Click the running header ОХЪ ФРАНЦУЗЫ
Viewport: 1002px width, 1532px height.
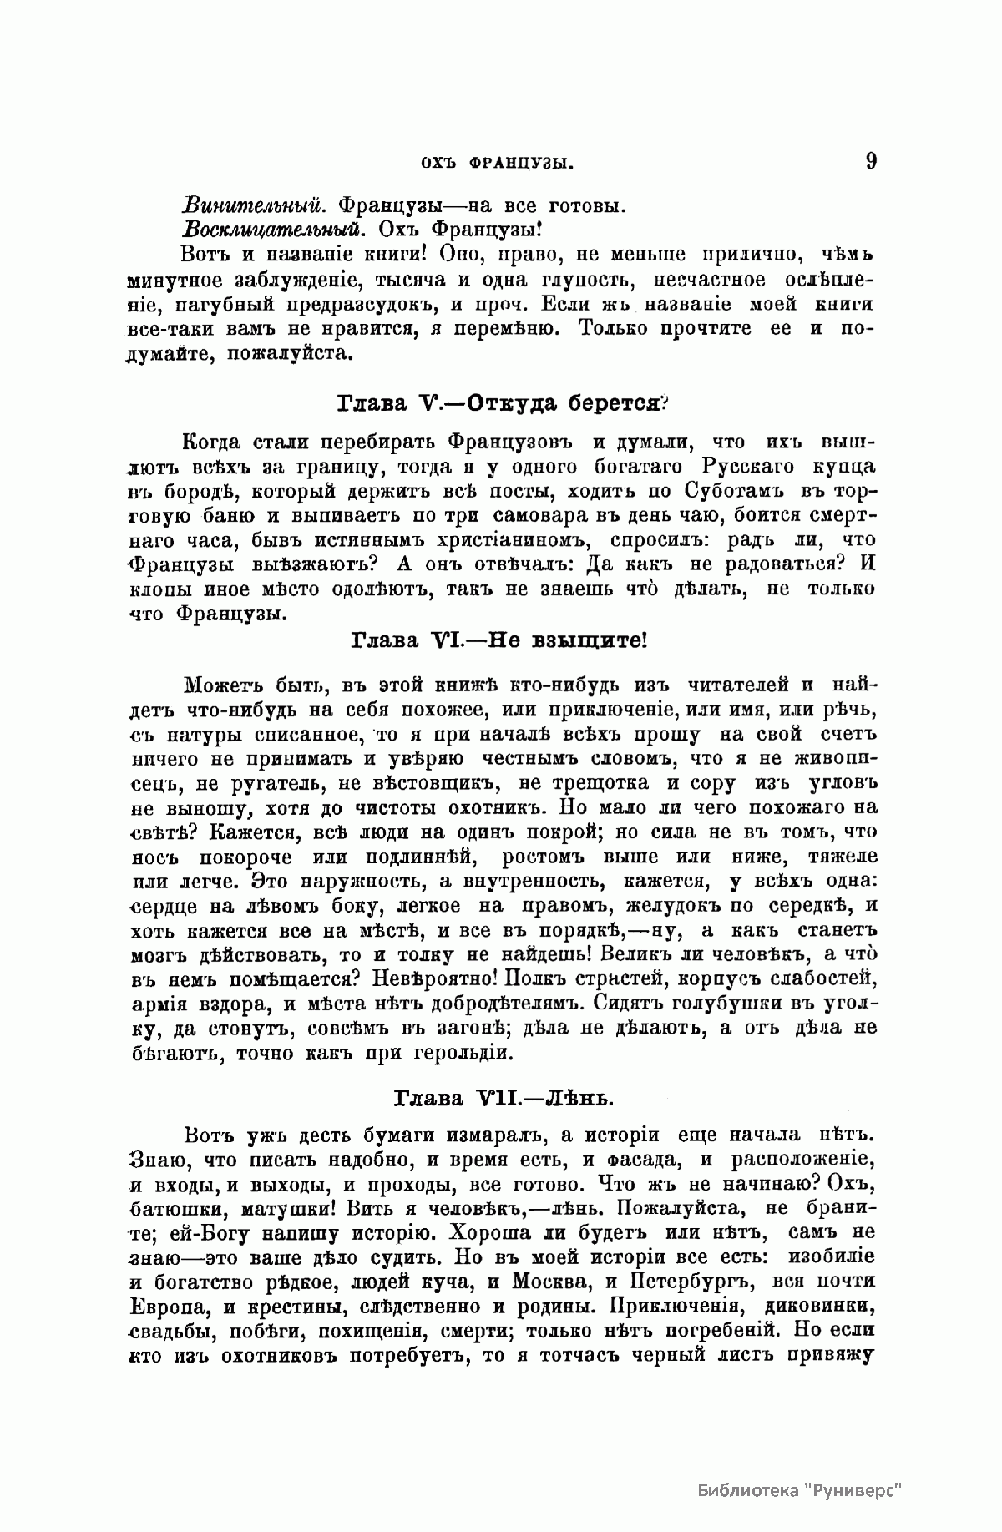pos(498,164)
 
